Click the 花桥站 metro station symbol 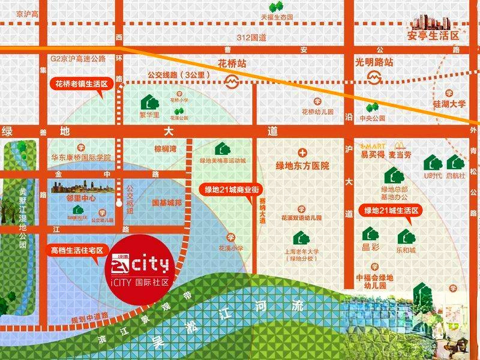[x=230, y=79]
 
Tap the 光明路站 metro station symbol [x=374, y=78]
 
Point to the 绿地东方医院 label [x=304, y=166]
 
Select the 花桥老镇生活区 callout [x=82, y=85]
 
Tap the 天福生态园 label [x=277, y=17]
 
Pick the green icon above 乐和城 [x=406, y=236]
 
